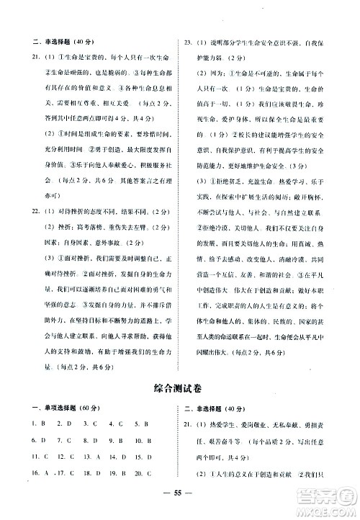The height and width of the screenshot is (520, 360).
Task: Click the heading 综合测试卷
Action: pos(180,388)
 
